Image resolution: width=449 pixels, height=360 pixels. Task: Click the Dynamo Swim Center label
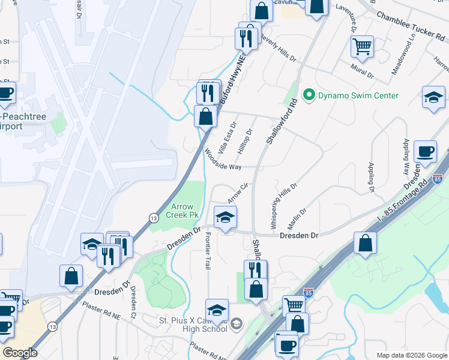(x=358, y=95)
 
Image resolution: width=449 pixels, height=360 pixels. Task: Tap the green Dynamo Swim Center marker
(x=309, y=95)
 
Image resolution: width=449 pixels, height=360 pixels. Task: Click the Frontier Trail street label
(x=208, y=250)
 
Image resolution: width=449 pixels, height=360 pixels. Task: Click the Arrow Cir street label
(x=238, y=193)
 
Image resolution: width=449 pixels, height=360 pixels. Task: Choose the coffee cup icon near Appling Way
(x=426, y=152)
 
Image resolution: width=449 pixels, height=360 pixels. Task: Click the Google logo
(x=20, y=353)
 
